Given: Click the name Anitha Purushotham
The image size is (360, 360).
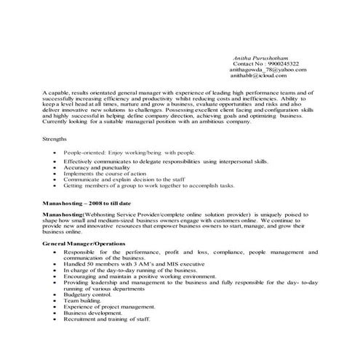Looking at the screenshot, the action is pos(261,56).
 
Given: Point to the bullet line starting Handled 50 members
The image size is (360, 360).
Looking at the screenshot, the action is pos(131,263).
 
